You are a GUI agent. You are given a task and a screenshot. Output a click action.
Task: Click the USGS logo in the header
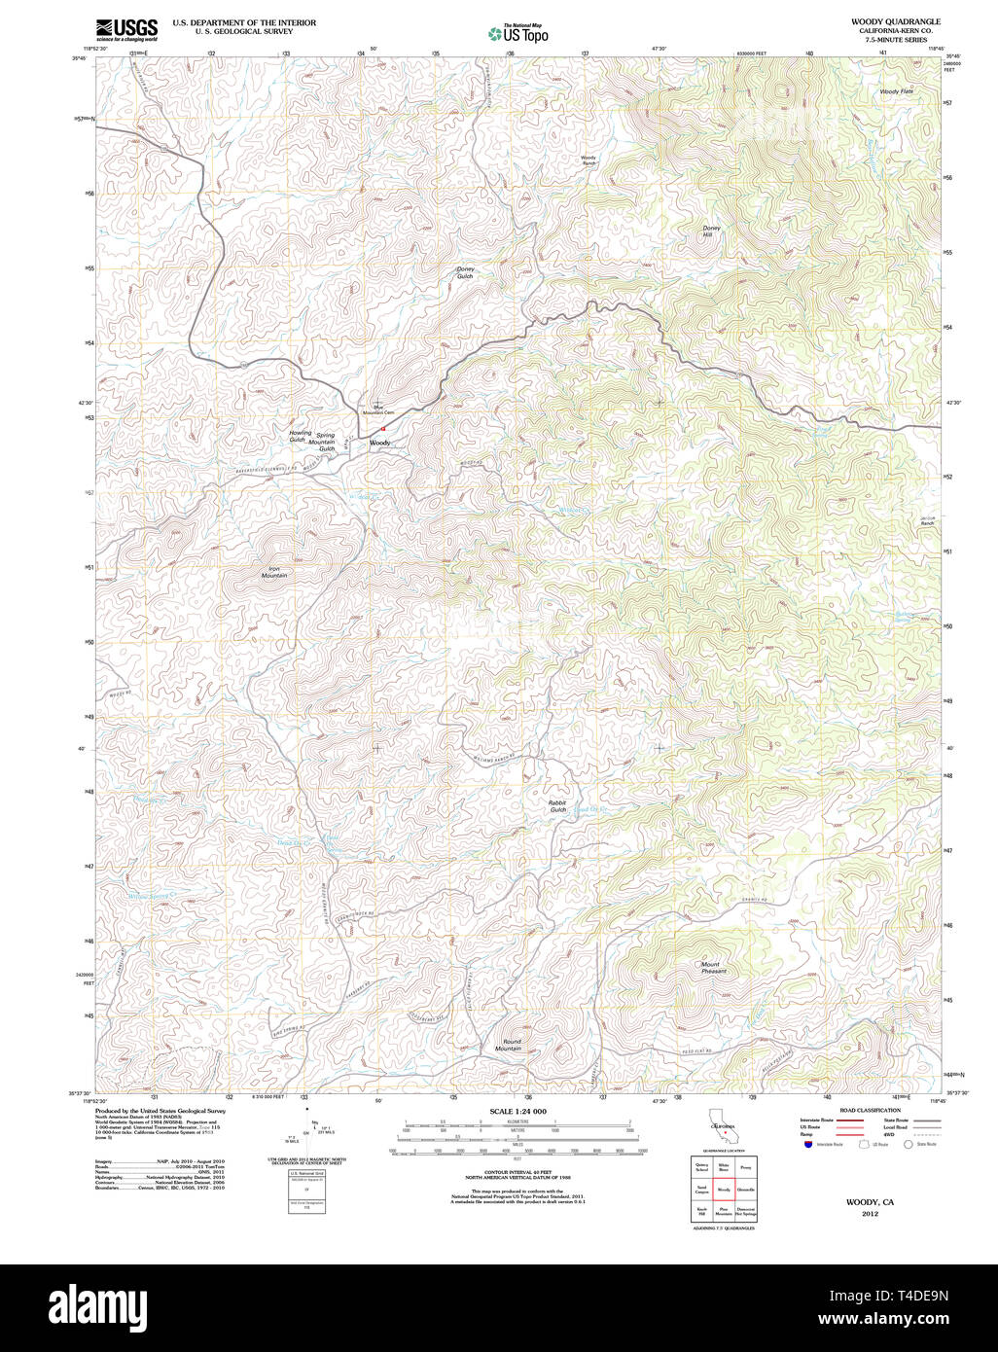126,28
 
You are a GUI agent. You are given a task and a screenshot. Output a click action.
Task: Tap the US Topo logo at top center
517,34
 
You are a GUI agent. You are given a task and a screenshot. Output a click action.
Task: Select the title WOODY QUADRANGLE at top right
895,21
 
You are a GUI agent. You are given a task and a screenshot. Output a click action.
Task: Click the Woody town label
379,443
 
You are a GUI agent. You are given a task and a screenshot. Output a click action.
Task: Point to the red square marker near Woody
383,428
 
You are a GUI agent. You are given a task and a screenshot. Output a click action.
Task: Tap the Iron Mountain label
274,572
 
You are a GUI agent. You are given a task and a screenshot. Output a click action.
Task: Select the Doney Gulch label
465,272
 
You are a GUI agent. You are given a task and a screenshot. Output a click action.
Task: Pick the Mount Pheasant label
714,968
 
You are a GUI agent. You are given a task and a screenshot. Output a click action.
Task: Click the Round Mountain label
508,1046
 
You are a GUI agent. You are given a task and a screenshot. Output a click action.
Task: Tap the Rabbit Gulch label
557,806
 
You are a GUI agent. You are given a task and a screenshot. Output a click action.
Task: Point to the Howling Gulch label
300,437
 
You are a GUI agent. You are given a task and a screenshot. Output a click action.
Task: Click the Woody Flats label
896,91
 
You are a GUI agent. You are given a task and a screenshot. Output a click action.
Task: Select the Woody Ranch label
588,160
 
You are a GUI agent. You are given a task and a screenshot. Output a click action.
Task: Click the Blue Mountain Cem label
377,410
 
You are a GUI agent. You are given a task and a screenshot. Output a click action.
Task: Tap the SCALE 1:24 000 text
517,1111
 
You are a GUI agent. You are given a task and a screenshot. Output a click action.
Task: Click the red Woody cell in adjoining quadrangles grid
724,1190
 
